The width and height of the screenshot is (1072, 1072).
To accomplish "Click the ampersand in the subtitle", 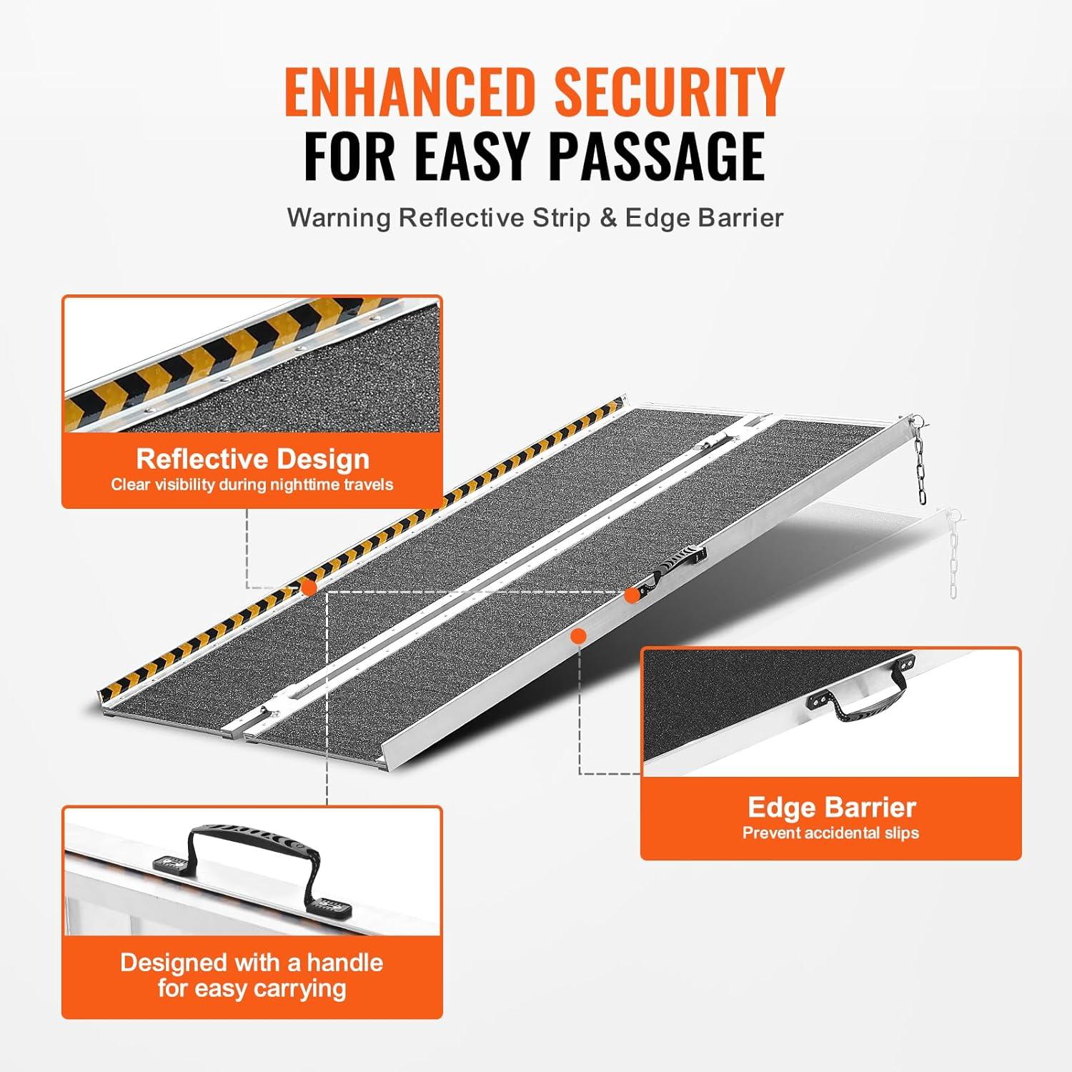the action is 608,217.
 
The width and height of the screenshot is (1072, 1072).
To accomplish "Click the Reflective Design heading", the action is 252,459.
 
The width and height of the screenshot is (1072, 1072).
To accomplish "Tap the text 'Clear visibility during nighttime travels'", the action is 252,485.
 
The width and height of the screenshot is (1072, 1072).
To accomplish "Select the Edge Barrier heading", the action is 831,808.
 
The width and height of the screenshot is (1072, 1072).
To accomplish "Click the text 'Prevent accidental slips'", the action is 830,833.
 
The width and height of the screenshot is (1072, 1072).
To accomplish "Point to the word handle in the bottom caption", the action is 345,963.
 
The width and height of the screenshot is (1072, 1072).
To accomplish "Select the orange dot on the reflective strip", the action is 309,587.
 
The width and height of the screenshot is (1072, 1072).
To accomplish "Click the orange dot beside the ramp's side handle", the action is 632,595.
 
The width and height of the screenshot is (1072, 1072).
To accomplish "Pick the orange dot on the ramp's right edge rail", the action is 579,635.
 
